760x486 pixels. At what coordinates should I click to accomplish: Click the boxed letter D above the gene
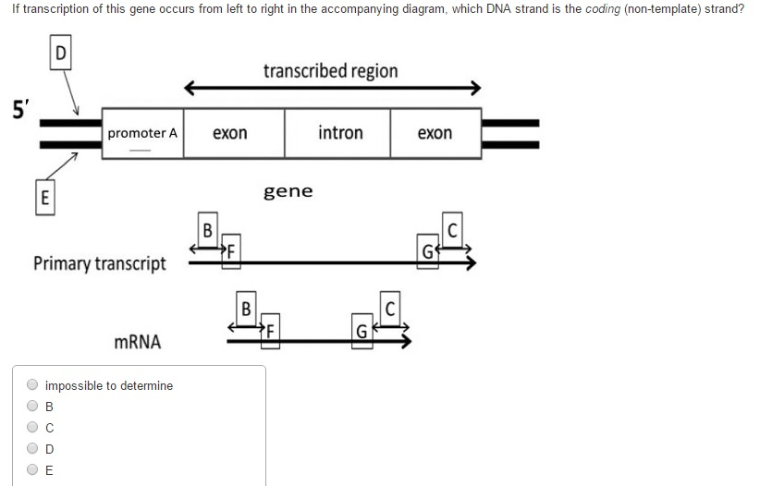point(61,52)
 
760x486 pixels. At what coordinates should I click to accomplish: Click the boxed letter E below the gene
point(43,197)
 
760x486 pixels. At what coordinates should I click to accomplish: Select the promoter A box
point(141,133)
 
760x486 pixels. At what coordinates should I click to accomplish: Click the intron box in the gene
point(339,133)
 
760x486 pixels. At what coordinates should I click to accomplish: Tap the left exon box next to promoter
point(230,133)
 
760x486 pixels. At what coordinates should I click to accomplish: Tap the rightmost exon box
point(435,133)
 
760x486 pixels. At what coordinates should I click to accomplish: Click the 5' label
point(18,109)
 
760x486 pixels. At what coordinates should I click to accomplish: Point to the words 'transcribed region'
point(330,71)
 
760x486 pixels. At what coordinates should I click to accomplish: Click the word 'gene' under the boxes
point(288,191)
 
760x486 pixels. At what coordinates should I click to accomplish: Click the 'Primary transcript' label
point(100,263)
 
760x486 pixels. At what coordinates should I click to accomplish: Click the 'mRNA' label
point(137,342)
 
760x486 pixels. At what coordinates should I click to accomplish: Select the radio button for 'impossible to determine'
point(32,385)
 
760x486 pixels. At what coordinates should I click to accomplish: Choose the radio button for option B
point(32,406)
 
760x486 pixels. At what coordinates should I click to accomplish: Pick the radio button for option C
point(32,427)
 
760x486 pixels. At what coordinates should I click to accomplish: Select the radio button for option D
point(32,448)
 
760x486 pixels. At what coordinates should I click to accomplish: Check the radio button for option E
point(32,469)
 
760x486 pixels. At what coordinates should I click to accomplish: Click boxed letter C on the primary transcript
point(452,229)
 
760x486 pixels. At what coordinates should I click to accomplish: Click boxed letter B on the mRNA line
point(246,307)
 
